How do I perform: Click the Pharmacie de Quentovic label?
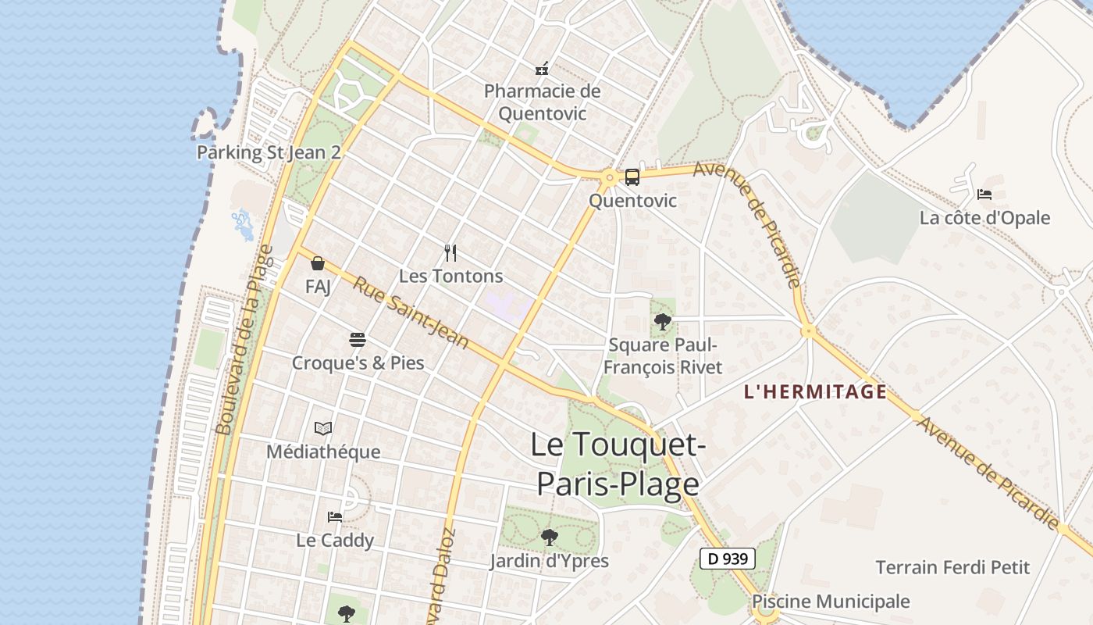[x=542, y=102]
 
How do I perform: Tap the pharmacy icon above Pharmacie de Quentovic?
[x=542, y=69]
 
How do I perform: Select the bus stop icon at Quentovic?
[x=632, y=177]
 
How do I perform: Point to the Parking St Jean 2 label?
[x=269, y=152]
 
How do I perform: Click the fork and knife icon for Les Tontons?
[x=450, y=252]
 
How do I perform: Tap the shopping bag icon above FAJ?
[x=318, y=263]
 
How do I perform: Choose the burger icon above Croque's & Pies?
[x=358, y=340]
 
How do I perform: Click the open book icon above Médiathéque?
[x=323, y=428]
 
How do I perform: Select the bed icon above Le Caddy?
[x=335, y=516]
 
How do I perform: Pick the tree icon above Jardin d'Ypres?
[x=549, y=537]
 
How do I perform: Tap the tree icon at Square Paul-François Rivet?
[x=662, y=320]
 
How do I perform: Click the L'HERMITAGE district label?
[x=815, y=392]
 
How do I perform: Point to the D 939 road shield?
[x=727, y=559]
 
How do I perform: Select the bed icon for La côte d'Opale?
[x=984, y=194]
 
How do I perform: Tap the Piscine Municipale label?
[x=831, y=602]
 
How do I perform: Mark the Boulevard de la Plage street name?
[x=244, y=340]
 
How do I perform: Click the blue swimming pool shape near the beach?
[x=243, y=224]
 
